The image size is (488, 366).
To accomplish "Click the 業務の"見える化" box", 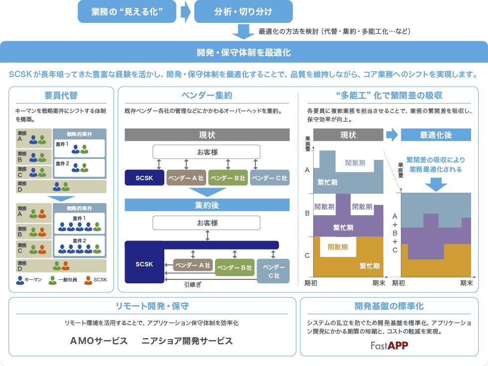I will [x=127, y=11].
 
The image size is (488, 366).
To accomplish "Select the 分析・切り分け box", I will [x=243, y=11].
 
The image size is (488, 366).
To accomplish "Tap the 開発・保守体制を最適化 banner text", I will [x=244, y=52].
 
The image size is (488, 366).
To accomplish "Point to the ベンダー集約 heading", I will [x=207, y=95].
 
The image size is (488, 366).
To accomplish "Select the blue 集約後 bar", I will [x=207, y=205].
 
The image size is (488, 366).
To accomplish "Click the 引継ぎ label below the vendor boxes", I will [x=192, y=285].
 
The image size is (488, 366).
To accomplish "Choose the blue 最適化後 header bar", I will [x=436, y=135].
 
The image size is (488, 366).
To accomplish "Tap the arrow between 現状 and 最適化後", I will [x=392, y=135].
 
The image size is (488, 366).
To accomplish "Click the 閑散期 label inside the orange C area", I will [x=338, y=247].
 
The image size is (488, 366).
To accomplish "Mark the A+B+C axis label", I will [x=395, y=233].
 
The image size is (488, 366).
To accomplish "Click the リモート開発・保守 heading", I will [x=152, y=306].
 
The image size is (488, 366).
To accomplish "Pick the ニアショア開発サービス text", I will [x=187, y=341].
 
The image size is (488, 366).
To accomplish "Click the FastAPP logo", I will [x=389, y=346].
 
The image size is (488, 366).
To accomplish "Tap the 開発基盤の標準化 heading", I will [x=389, y=306].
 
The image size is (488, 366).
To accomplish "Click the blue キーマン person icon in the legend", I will [x=20, y=280].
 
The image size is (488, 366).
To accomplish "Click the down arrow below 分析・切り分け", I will [x=244, y=31].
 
